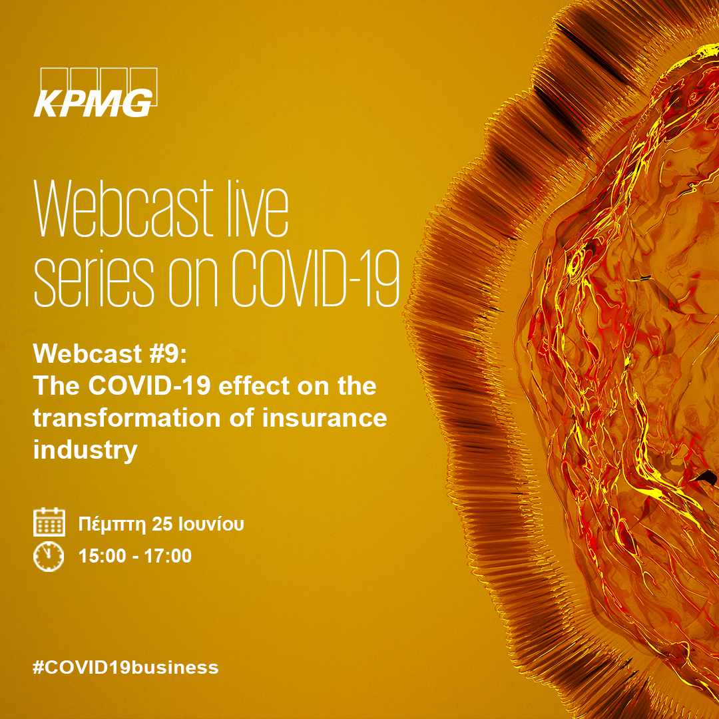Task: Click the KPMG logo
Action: (95, 92)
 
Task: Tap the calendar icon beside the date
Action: (49, 522)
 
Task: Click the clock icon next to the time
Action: (49, 556)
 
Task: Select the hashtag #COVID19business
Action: (126, 667)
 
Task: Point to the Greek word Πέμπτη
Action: (112, 524)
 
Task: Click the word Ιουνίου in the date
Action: (211, 524)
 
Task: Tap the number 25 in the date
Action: (162, 524)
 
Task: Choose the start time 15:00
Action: (103, 556)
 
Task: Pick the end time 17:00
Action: (168, 556)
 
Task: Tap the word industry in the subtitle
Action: (85, 450)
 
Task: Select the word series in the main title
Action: (94, 279)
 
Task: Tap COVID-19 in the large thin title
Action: (316, 278)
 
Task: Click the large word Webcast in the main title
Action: (124, 208)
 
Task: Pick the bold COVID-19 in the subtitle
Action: (150, 385)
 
